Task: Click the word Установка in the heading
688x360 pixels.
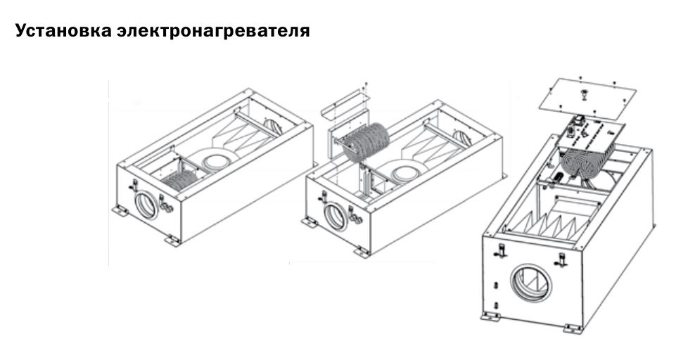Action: (x=63, y=31)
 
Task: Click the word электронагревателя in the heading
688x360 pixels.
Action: (x=213, y=31)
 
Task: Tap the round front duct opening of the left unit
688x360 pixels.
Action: (x=147, y=205)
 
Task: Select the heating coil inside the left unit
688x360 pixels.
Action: (x=180, y=180)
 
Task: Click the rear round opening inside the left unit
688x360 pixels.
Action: (x=273, y=126)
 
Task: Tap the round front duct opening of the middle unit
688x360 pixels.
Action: (x=336, y=217)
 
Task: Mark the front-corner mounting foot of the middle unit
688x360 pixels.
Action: (x=362, y=252)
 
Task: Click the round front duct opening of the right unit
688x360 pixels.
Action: (x=531, y=283)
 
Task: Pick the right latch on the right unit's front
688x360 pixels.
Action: (x=561, y=259)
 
